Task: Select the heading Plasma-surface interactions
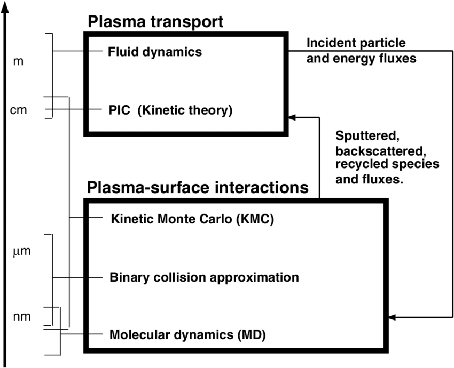(198, 187)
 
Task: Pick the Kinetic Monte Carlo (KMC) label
(192, 218)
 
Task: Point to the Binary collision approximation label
(204, 277)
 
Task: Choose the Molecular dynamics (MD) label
(187, 335)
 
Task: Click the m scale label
(18, 62)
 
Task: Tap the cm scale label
(19, 110)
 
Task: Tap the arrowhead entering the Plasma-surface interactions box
(392, 317)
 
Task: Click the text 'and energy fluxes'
(361, 59)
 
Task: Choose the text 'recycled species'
(387, 165)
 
